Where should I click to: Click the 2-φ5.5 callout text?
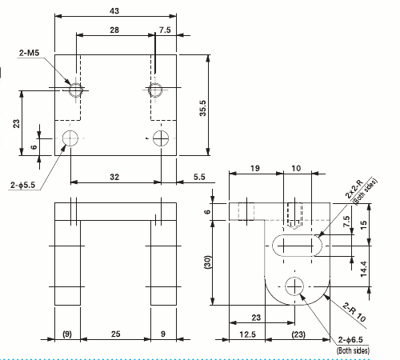point(22,186)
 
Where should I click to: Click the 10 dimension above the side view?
point(296,169)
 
